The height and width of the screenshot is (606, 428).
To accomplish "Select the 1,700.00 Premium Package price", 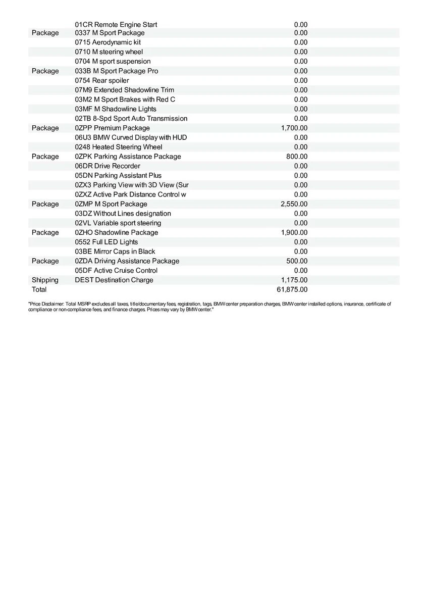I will tap(294, 128).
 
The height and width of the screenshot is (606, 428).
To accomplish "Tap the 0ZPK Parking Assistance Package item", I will tap(128, 157).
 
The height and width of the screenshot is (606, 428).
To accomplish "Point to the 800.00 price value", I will tap(297, 157).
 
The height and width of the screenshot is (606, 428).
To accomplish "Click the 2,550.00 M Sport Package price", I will tap(294, 204).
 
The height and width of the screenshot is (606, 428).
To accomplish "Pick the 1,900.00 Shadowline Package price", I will tap(294, 232).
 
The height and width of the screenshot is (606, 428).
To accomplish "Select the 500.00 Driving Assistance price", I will tap(297, 261).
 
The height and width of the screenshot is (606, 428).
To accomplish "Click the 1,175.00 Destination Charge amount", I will tap(294, 280).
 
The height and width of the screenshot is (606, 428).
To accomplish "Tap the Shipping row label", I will tap(45, 280).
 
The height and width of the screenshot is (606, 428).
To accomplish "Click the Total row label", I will tap(39, 289).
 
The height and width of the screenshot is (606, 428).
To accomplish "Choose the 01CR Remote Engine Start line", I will tap(116, 24).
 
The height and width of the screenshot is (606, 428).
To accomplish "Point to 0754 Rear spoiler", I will tap(101, 80).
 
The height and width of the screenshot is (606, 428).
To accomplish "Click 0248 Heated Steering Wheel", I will tap(119, 147).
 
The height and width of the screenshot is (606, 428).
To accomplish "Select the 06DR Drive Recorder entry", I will tap(108, 166).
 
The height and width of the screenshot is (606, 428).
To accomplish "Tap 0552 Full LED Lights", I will tap(106, 242).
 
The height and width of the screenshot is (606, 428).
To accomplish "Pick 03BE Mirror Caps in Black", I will tap(115, 251).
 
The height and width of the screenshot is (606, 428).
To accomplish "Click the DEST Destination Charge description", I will tap(114, 280).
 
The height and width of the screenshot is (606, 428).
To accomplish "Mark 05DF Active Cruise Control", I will tap(116, 270).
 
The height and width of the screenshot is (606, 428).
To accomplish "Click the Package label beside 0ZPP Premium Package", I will tap(45, 128).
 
